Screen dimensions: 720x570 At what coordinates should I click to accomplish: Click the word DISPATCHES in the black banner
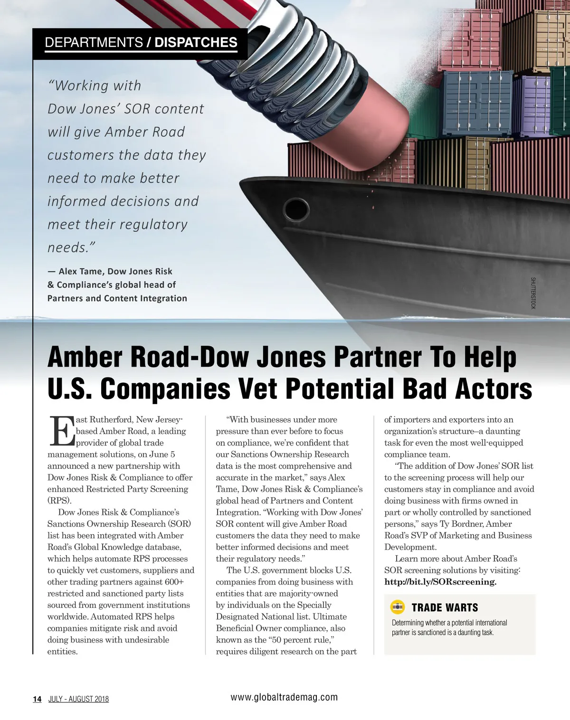click(196, 43)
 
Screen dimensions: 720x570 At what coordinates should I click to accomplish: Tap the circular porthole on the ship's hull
click(295, 208)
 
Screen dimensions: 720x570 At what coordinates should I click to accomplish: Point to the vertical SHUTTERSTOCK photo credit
click(533, 293)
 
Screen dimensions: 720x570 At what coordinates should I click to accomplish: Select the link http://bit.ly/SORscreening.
click(440, 582)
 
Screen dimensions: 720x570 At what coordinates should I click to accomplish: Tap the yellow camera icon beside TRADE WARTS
click(397, 607)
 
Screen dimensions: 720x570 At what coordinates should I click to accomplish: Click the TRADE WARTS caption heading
click(445, 607)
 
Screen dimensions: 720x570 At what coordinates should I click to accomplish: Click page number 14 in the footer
click(37, 699)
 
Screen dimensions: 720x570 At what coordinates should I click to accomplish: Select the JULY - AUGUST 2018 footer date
click(78, 699)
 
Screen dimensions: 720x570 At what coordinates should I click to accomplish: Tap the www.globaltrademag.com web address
click(284, 697)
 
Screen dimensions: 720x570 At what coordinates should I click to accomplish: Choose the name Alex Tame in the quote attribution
click(80, 271)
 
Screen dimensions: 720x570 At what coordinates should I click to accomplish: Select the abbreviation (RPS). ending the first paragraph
click(59, 501)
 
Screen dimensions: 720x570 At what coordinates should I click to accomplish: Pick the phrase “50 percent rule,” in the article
click(301, 640)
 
